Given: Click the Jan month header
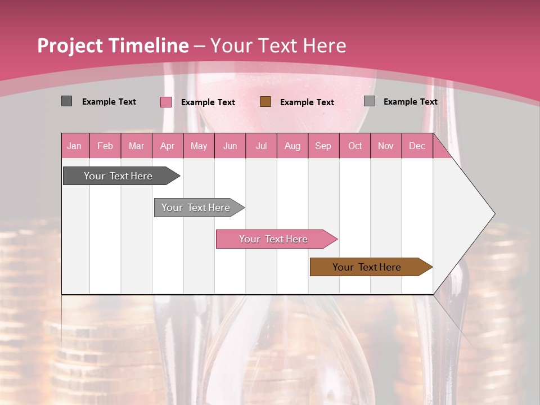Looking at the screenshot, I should click(75, 146).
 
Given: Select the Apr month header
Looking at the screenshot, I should click(168, 146).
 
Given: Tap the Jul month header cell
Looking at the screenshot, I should click(261, 146).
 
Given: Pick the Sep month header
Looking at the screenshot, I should click(323, 146).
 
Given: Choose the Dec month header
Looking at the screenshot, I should click(417, 146).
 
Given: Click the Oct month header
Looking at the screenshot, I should click(355, 146).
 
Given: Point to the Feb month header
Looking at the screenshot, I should click(105, 146).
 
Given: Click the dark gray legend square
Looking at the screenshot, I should click(66, 101).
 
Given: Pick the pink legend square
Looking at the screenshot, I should click(166, 102).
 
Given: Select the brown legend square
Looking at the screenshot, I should click(265, 101).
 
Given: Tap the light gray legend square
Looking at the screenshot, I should click(370, 101).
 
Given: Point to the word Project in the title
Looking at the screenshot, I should click(69, 46).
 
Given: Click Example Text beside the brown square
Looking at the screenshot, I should click(307, 102).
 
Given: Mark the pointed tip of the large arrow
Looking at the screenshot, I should click(494, 214).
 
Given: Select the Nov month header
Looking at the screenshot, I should click(386, 146).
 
